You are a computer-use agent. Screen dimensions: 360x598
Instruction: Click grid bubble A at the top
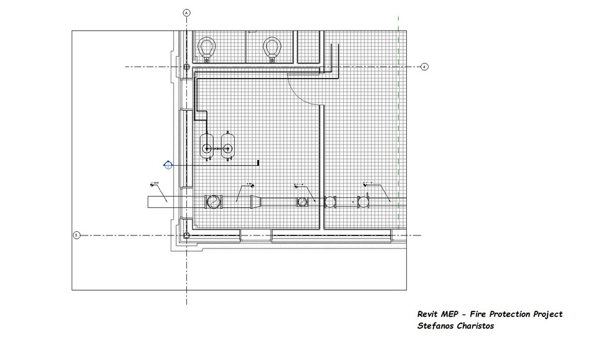pos(186,12)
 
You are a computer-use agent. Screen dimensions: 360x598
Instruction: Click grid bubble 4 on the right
pos(424,67)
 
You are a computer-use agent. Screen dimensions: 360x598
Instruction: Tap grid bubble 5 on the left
pos(77,235)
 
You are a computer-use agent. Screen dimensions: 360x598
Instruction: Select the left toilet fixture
pos(207,47)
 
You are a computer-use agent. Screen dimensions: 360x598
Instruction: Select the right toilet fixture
pos(271,47)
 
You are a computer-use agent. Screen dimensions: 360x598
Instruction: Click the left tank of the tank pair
pos(206,149)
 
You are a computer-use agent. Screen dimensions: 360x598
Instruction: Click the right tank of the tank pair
pos(227,149)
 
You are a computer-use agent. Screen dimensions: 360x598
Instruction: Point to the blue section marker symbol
pos(168,164)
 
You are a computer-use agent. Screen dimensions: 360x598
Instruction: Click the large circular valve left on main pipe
pos(213,202)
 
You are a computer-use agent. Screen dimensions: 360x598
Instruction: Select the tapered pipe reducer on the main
pos(256,202)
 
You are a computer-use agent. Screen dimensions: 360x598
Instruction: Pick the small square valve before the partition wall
pos(302,202)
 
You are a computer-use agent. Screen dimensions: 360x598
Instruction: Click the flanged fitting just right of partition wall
pos(330,201)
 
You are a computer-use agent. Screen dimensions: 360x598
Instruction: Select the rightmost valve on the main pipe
pos(362,201)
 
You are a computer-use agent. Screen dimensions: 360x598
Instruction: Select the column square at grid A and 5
pos(186,235)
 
